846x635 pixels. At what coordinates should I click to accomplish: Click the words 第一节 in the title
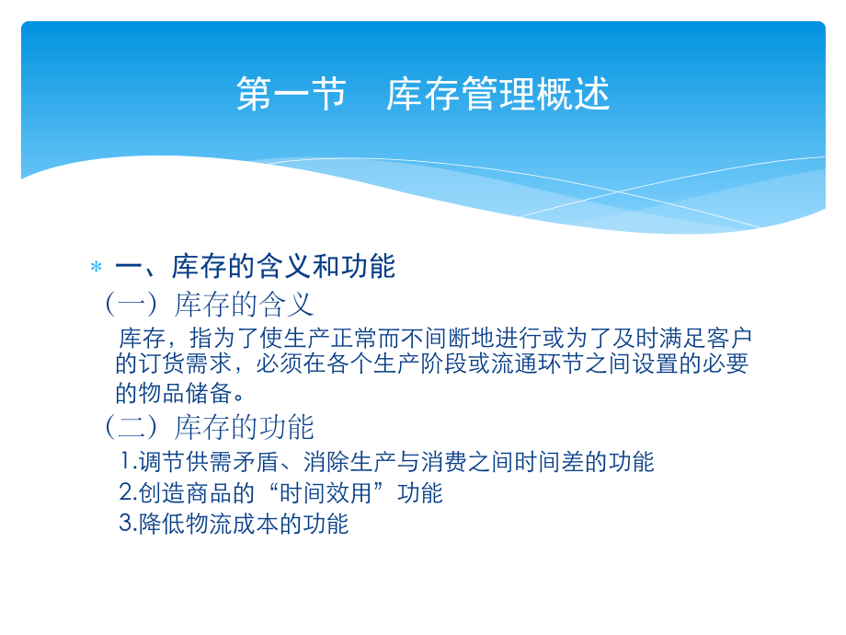[291, 95]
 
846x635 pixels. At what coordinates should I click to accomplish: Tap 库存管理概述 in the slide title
[497, 95]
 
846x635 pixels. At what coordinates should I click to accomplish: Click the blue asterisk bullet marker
[96, 268]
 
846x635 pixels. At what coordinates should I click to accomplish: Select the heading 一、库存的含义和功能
[255, 267]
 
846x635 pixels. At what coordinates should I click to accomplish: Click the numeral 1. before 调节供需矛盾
[129, 461]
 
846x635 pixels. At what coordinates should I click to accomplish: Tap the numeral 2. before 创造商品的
[129, 493]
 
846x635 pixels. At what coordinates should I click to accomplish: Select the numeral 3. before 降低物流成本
[129, 525]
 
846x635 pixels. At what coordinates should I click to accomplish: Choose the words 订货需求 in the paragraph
[185, 364]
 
